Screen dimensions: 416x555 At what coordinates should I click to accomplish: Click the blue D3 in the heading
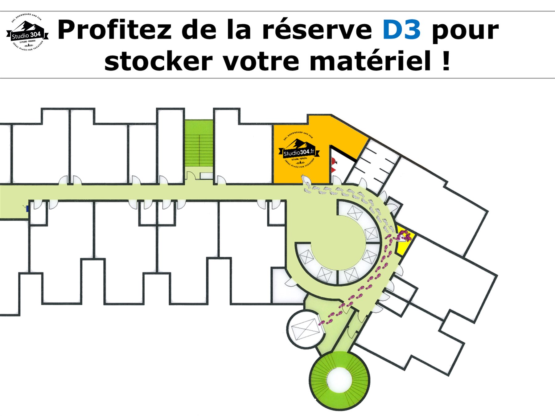[401, 30]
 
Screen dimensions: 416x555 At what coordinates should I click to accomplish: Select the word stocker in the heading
[158, 61]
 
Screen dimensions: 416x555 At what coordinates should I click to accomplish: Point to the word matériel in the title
[370, 61]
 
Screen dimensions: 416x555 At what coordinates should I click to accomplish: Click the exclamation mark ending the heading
[446, 61]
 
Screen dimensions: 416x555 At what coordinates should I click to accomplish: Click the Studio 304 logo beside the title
[27, 33]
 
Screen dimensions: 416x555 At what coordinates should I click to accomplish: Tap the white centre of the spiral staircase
[339, 380]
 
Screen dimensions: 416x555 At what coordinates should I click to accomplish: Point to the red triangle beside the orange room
[333, 169]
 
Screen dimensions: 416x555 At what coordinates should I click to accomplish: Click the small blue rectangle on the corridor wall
[27, 209]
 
